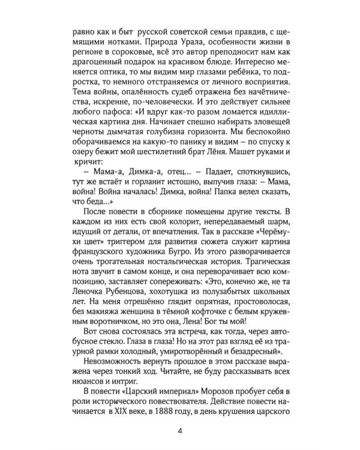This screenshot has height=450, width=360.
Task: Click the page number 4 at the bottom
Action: point(179,429)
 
